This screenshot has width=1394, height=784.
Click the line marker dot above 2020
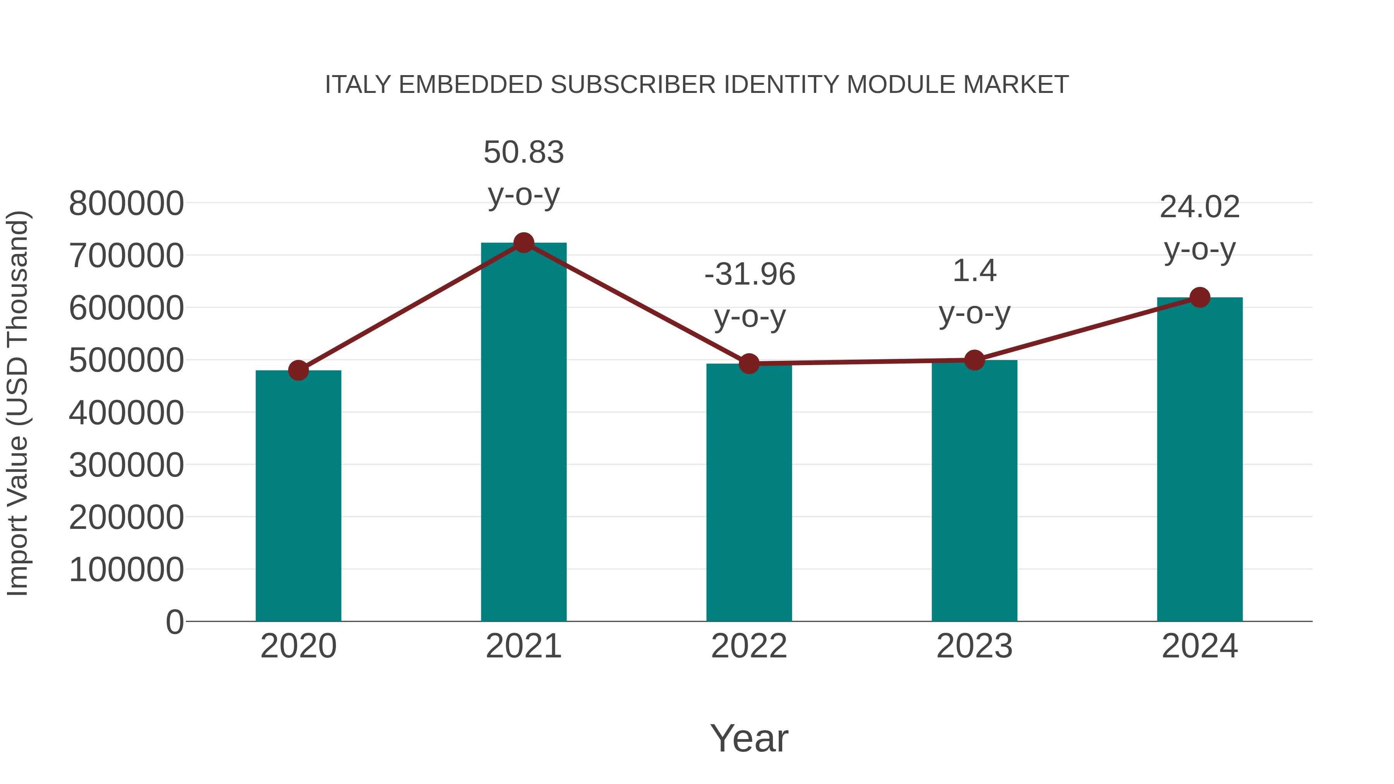point(298,371)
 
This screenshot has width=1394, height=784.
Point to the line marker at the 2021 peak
point(523,243)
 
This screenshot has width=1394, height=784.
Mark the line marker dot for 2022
point(749,364)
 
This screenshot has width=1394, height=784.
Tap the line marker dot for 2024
point(1200,297)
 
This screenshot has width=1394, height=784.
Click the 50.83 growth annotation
point(523,152)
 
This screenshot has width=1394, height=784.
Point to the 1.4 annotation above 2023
point(974,271)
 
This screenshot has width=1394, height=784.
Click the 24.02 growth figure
point(1200,207)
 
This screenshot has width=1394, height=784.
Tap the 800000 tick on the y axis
point(126,204)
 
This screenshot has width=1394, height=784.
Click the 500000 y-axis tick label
point(126,360)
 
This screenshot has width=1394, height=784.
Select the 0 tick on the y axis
point(175,622)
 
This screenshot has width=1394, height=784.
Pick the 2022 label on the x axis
point(749,646)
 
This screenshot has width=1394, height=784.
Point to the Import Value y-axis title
point(17,403)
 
